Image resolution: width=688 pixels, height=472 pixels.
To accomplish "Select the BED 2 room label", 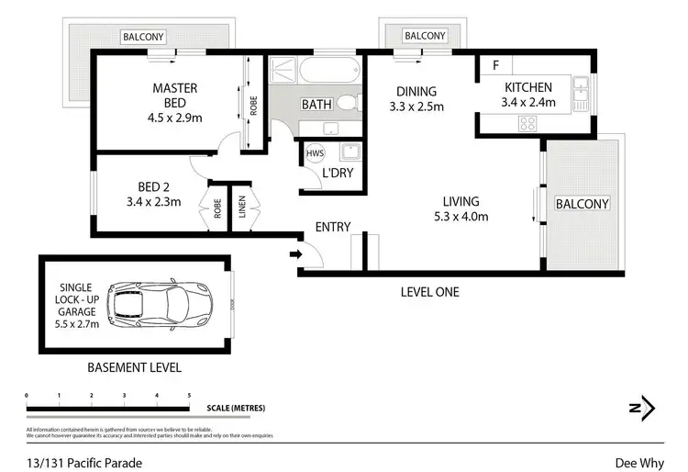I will (x=153, y=195).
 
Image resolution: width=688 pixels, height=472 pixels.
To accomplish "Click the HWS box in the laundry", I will (x=315, y=153).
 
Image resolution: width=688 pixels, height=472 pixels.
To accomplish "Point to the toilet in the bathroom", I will (x=346, y=102).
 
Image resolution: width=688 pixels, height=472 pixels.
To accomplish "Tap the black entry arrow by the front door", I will (x=294, y=254).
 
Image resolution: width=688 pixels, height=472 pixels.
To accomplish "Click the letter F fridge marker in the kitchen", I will (x=495, y=65).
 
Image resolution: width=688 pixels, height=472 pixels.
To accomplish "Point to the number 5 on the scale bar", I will (x=189, y=395).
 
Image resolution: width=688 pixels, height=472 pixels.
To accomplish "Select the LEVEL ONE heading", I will (x=429, y=293).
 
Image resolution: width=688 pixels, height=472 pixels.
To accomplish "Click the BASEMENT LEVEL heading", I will (x=134, y=367).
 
